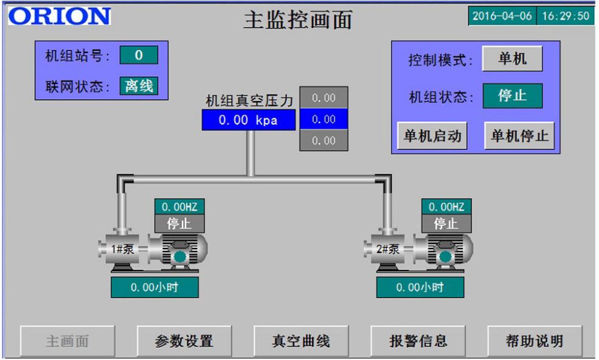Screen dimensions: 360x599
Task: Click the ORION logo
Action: [59, 16]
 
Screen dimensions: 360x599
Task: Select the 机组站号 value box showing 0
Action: [139, 55]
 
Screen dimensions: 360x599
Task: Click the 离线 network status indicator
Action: [139, 86]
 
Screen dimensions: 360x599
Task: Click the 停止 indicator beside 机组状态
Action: [512, 96]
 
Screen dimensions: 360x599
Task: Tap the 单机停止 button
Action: [519, 136]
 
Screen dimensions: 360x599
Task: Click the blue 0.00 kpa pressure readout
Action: [248, 120]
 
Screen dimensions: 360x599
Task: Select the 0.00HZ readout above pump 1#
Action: [179, 207]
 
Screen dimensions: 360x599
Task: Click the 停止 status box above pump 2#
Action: [446, 224]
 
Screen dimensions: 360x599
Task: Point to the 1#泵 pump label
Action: [119, 248]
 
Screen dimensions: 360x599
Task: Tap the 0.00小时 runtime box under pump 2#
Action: [420, 287]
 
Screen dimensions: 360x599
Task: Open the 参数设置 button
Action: [184, 341]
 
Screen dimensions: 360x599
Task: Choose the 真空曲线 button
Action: [300, 341]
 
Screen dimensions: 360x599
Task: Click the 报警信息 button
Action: [418, 341]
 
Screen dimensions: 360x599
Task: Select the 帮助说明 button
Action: [535, 341]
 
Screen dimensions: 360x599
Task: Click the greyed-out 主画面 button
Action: [67, 341]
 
